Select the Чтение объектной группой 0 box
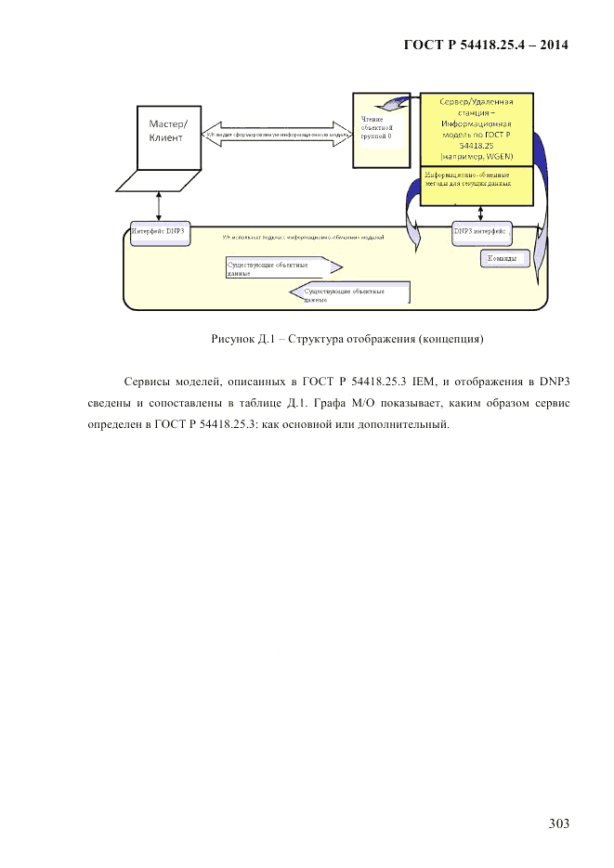379,130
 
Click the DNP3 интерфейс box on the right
480,233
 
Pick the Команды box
504,258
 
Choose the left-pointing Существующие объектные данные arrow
351,294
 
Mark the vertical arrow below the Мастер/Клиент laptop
159,205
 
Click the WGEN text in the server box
510,157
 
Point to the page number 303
558,823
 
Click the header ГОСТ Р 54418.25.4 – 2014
484,45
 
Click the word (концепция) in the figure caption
451,339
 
